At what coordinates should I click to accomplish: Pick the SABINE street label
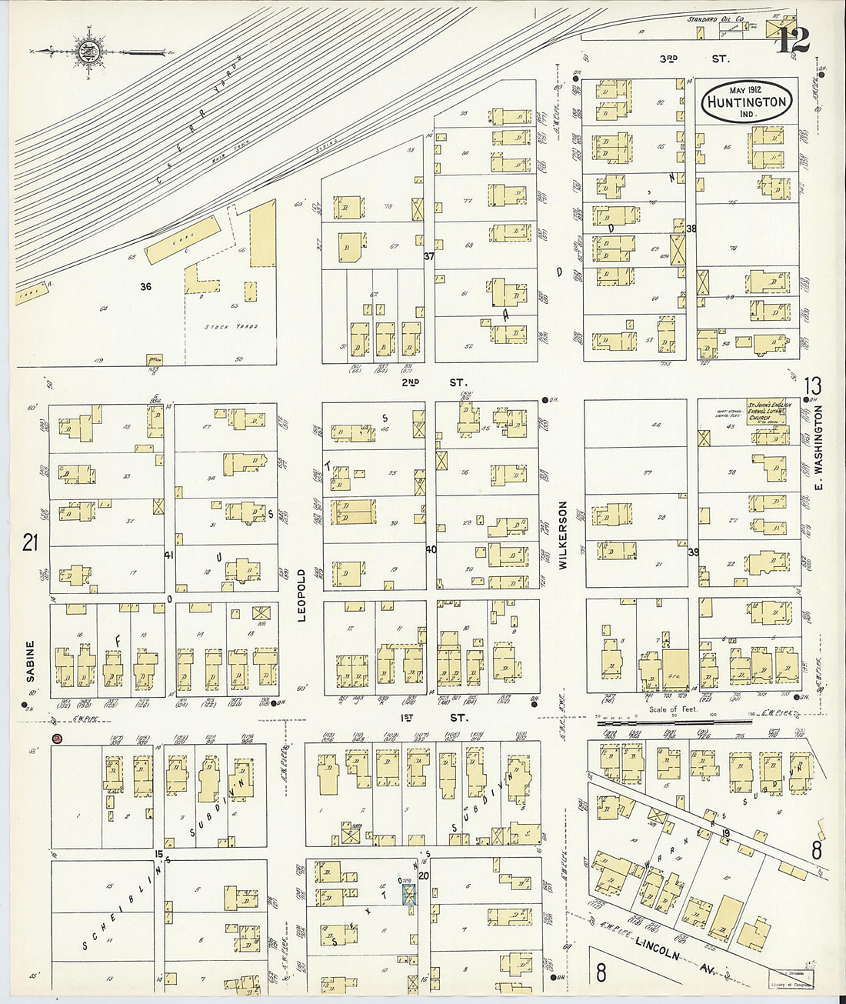(31, 662)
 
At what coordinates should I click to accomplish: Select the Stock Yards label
(231, 327)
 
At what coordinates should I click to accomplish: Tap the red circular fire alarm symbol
(57, 740)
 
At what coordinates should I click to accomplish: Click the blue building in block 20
(410, 893)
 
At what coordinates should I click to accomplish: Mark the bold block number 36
(145, 287)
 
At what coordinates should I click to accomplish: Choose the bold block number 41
(168, 554)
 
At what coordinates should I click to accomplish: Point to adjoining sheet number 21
(30, 544)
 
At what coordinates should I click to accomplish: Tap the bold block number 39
(693, 552)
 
